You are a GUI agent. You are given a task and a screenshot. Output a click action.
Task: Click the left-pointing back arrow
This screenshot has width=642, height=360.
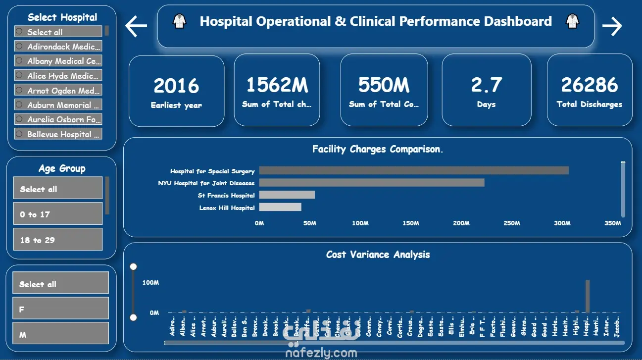coord(136,26)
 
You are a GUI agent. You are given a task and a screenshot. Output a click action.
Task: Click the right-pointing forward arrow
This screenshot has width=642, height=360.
coord(612,26)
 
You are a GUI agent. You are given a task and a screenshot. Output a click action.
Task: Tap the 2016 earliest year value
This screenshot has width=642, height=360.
coord(176,86)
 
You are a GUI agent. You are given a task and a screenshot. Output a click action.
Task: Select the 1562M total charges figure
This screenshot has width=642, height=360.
coord(277,85)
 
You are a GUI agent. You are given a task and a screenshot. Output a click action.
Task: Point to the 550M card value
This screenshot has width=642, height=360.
coord(384,85)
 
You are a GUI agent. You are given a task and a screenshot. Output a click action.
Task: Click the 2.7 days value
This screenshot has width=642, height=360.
coord(486,85)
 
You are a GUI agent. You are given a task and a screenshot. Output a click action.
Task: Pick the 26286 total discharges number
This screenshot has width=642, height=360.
coord(590,85)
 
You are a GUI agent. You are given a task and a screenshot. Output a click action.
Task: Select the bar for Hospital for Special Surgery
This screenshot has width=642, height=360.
coord(413,170)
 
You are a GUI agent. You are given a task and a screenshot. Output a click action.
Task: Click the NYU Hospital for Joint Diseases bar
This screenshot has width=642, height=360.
coord(371,183)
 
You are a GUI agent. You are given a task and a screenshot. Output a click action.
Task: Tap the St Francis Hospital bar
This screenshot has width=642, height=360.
coord(287,195)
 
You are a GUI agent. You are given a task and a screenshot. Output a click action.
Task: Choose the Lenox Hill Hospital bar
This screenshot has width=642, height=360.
coord(280,207)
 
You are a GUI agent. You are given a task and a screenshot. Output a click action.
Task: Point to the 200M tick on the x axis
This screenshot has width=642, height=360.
coord(461,223)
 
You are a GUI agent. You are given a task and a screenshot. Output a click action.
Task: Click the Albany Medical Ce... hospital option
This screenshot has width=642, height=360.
coord(58,61)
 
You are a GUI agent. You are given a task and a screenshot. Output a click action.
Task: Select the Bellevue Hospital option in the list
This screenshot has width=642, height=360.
coord(58,134)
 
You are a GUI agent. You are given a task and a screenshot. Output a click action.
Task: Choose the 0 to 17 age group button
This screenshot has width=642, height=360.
coord(58,214)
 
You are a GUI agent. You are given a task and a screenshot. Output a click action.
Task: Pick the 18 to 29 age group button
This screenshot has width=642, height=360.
coord(58,240)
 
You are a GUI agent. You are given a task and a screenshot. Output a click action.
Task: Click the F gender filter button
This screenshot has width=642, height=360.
coord(60,309)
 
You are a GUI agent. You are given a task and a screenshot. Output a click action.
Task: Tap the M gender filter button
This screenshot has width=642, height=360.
coord(60,334)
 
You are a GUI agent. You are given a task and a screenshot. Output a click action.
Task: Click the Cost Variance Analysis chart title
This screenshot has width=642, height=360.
coord(378,255)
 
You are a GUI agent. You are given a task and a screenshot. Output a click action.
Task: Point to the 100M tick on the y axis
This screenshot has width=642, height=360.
coord(150,283)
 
